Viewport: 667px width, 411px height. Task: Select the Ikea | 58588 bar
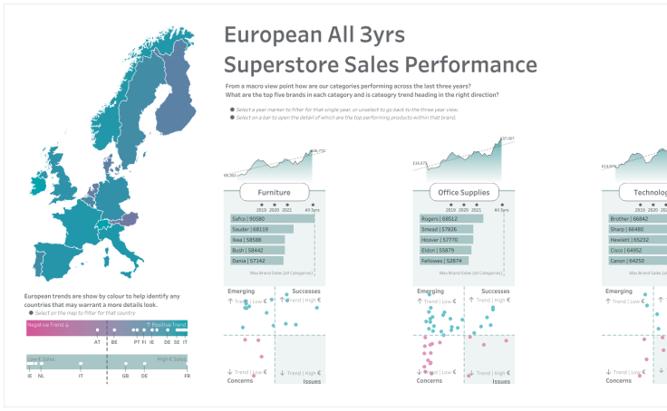coord(257,240)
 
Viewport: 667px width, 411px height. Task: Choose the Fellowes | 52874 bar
coord(442,261)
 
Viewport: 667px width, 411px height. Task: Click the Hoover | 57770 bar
coord(444,240)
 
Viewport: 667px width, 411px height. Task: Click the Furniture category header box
coord(274,192)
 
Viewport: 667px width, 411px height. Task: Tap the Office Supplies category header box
coord(463,192)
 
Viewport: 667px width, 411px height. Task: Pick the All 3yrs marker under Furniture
coord(313,205)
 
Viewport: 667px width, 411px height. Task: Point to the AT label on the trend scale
coord(97,342)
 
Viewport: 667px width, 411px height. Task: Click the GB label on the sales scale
coord(125,376)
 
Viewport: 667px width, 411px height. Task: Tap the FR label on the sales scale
coord(187,376)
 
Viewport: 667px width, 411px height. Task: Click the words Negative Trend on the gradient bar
coord(44,324)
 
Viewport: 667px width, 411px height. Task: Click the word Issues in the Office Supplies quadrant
coord(501,381)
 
